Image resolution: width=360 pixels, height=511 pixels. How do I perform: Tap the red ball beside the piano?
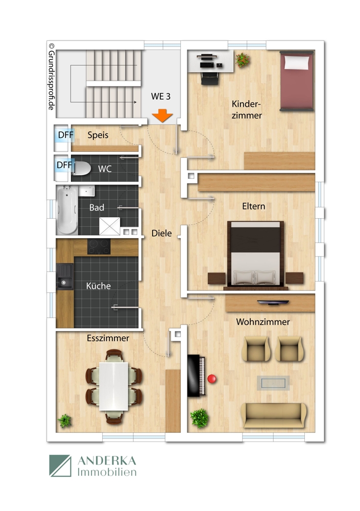(x=211, y=379)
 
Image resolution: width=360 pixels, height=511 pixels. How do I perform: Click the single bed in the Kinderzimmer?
(x=296, y=80)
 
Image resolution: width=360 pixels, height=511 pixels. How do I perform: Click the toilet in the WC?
(x=82, y=168)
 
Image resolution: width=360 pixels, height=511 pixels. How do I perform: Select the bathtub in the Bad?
(x=66, y=209)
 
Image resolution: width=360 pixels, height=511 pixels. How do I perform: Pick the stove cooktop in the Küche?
(x=99, y=246)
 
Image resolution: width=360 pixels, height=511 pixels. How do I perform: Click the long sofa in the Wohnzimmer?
(x=274, y=415)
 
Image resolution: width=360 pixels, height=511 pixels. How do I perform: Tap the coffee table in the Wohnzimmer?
(x=273, y=382)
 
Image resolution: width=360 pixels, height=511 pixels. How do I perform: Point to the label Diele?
(x=161, y=234)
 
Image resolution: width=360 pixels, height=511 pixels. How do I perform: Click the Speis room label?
(x=98, y=135)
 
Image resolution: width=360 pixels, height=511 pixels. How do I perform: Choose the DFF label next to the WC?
(x=64, y=165)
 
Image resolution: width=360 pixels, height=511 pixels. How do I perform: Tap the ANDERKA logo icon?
(x=60, y=466)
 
